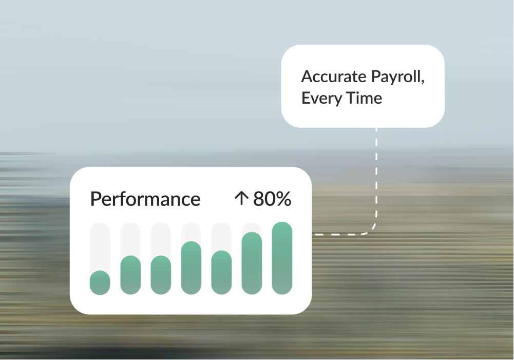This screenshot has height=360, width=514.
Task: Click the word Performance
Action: click(145, 199)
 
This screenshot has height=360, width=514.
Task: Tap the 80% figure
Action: click(272, 199)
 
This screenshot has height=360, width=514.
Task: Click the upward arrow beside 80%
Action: click(241, 199)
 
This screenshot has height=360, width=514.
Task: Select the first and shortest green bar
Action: click(100, 282)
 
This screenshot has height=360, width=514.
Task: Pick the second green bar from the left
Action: click(130, 275)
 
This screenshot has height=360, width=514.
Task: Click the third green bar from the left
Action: click(161, 275)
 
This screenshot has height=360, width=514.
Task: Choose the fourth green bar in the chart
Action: click(191, 268)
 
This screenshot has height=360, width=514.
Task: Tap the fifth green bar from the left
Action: click(221, 273)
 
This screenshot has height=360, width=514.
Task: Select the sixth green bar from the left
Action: click(252, 263)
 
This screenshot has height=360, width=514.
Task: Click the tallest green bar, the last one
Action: click(282, 258)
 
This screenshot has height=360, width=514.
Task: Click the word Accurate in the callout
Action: click(334, 77)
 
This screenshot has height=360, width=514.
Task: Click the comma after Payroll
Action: click(423, 82)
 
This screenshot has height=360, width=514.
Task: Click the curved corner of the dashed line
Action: click(372, 229)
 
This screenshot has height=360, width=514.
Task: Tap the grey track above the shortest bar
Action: click(100, 247)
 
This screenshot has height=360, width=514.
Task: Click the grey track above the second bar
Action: click(130, 239)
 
